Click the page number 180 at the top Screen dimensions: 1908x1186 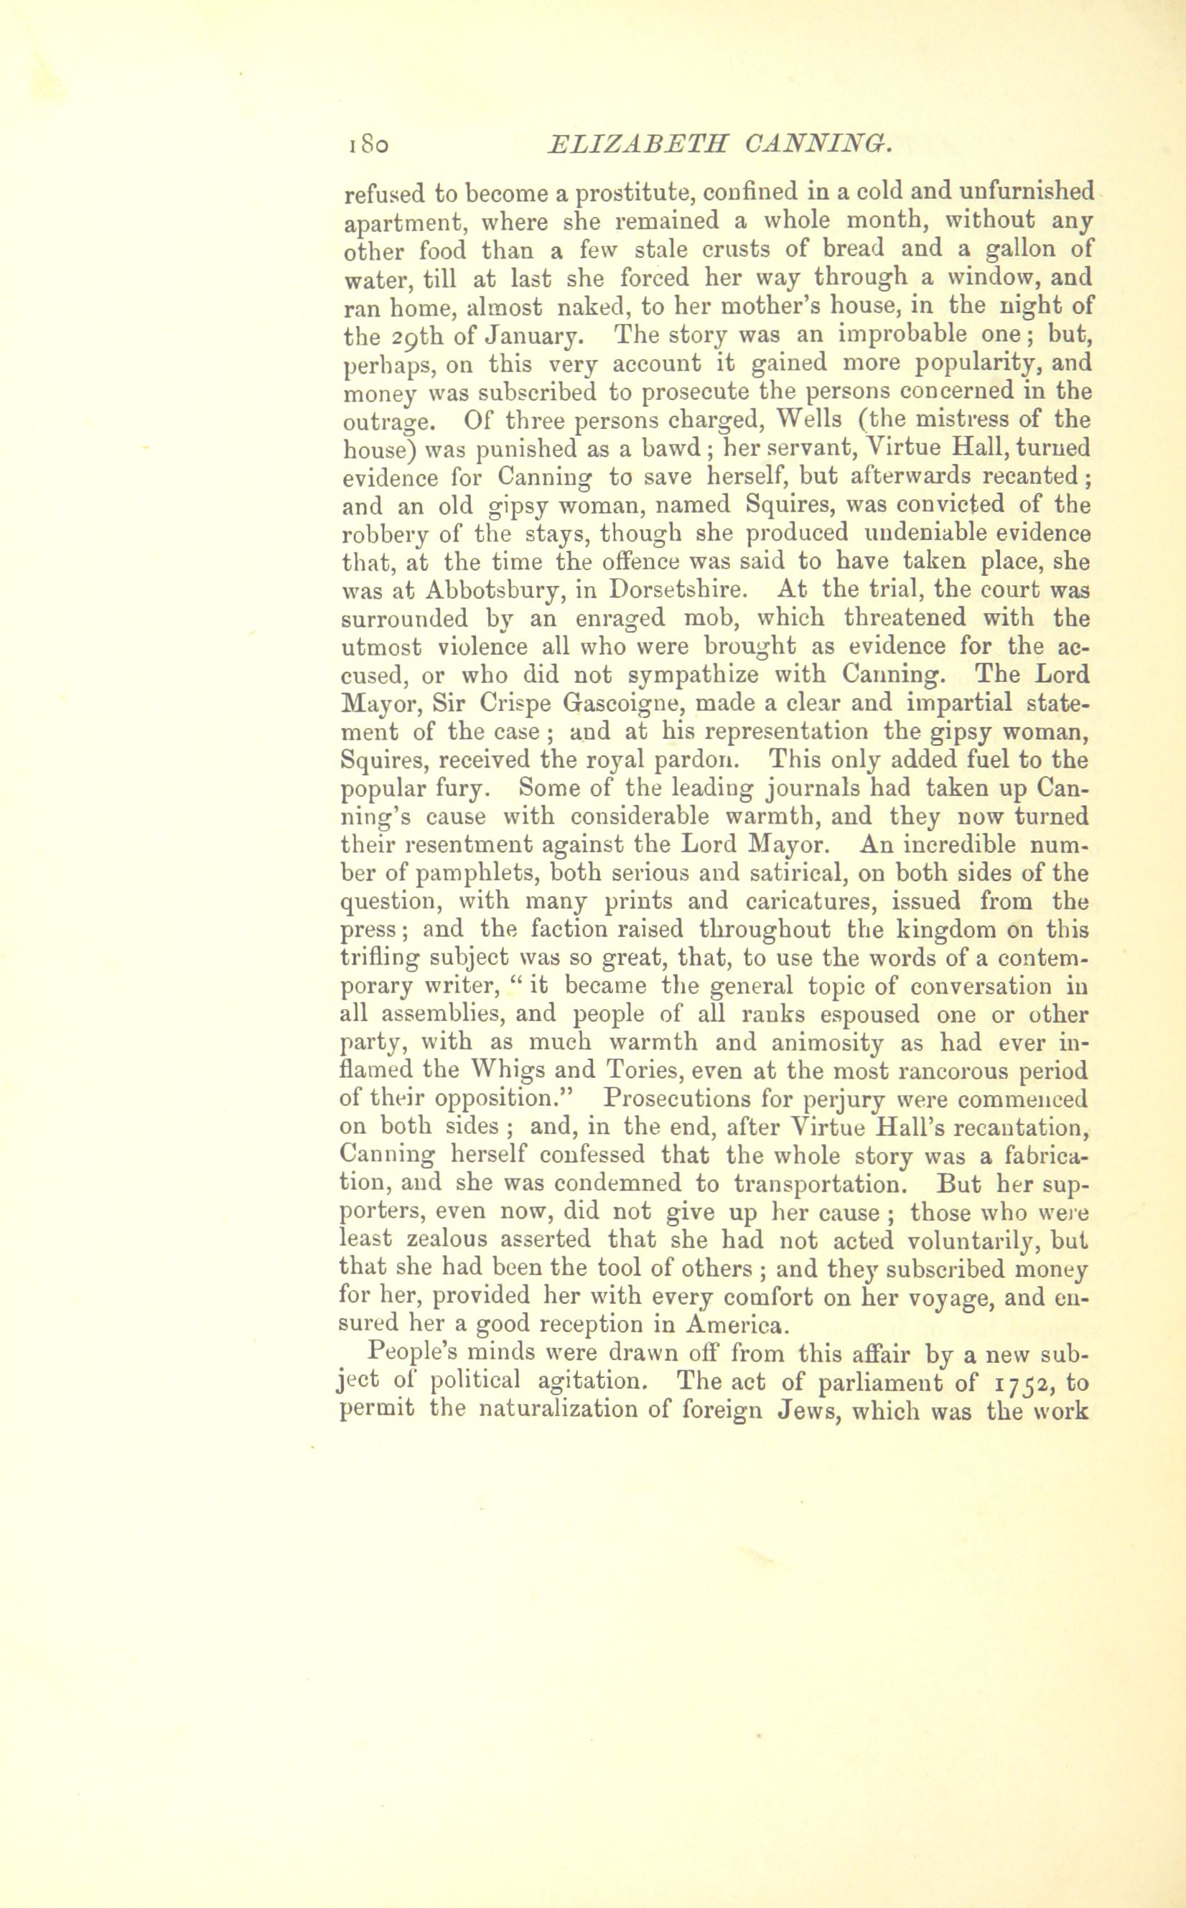366,144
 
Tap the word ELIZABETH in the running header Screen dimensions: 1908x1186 638,144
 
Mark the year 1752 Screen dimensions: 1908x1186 1027,1381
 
